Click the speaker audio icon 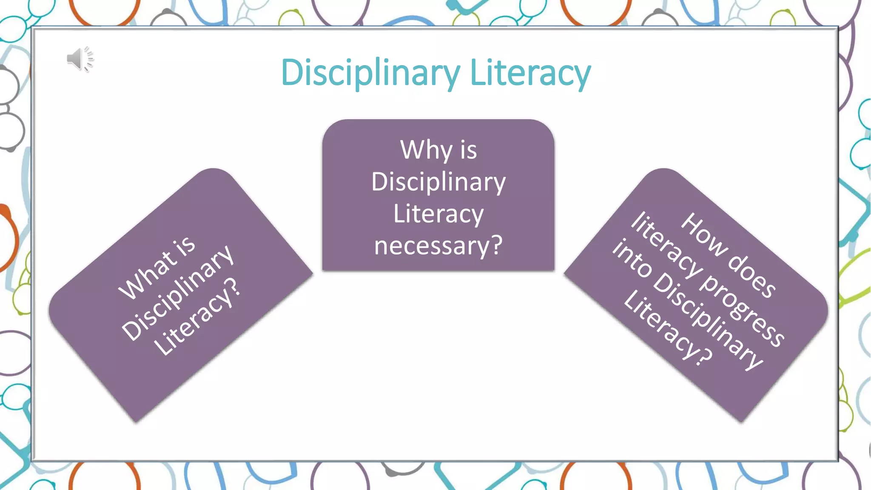tap(80, 59)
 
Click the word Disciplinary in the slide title tap(370, 73)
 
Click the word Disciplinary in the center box tap(438, 182)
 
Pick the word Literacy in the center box tap(438, 214)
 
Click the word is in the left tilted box tap(184, 246)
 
